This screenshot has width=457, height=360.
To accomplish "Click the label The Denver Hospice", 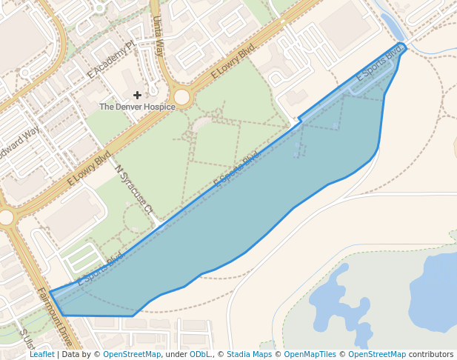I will click(x=137, y=107).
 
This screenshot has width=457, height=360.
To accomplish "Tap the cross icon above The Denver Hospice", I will click(x=137, y=95).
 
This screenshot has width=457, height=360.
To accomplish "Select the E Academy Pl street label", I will click(x=110, y=59).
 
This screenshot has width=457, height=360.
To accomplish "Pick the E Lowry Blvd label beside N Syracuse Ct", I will click(x=89, y=168).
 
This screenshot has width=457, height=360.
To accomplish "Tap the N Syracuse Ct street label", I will click(x=133, y=190).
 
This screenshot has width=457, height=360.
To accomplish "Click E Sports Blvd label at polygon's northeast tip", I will click(x=378, y=63).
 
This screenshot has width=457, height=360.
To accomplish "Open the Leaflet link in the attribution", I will click(x=41, y=355).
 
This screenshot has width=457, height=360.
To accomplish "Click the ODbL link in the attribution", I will click(x=200, y=355).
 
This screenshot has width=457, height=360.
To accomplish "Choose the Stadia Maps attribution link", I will click(x=249, y=355).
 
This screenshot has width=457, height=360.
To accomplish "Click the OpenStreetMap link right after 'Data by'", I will click(x=131, y=355).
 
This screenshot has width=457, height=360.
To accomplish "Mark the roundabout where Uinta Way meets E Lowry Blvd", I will click(x=181, y=97).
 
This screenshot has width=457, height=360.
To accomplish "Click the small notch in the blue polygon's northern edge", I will click(x=299, y=119).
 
